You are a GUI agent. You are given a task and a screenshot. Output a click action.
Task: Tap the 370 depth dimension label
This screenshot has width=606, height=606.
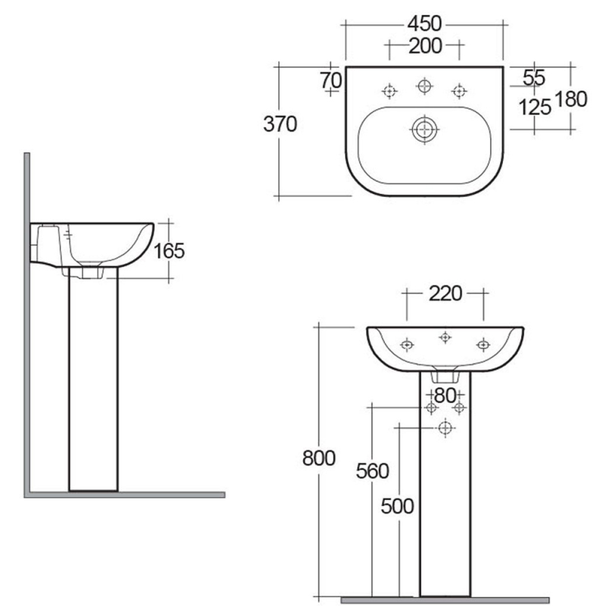coord(280,125)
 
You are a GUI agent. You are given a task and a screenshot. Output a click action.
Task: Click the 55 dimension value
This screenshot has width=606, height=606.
coord(534,77)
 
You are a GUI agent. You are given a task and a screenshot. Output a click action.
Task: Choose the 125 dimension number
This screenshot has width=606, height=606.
coord(534,107)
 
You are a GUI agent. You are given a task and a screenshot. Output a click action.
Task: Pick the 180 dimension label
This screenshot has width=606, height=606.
coord(571,99)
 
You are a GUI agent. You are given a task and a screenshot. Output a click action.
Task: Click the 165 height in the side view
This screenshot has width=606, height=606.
coord(169,251)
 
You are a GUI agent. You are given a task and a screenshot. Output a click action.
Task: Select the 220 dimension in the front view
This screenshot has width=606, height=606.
coord(445,293)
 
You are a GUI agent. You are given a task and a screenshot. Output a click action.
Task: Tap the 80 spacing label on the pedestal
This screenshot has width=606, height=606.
coord(445,395)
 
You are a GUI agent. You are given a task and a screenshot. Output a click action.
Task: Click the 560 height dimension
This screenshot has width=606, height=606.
coord(372,471)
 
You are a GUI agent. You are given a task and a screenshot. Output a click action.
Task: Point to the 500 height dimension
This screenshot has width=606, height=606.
coord(397,507)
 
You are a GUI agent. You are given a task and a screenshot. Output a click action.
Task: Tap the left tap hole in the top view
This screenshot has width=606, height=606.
coord(389,92)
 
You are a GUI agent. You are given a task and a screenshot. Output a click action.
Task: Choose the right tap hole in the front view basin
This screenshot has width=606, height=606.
coord(483,345)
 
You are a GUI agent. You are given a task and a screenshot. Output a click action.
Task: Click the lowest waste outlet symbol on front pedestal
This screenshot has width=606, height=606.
coord(445,430)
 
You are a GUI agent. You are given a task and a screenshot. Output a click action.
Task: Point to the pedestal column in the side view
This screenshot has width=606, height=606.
coord(93,379)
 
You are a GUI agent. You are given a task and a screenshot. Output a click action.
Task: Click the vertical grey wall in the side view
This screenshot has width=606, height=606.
coord(27,318)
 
